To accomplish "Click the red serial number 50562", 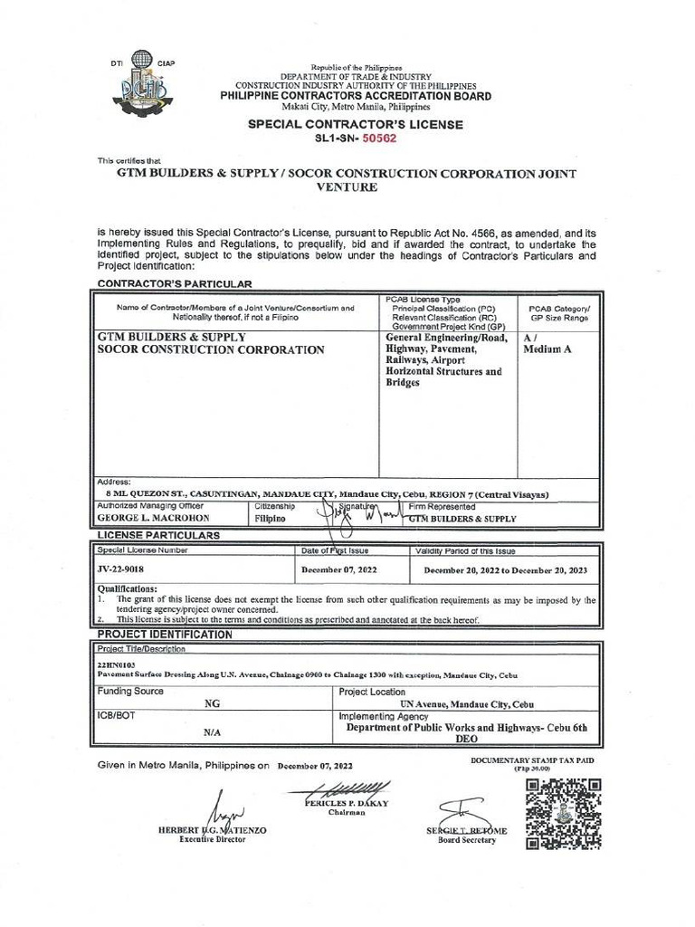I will coord(378,139).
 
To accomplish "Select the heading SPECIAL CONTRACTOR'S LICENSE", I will coord(356,124).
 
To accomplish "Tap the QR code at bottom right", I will coord(563,813).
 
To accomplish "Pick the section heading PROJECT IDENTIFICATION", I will coord(165,635).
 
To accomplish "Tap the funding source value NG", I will coord(212,703).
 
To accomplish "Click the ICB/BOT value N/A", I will coord(212,731).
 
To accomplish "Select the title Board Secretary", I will coord(467,840).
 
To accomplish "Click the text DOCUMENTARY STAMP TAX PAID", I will coord(532,760).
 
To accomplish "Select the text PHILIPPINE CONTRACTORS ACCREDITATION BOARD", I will coord(357,96).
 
